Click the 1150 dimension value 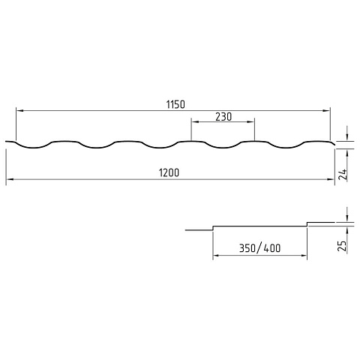175,104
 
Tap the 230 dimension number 223,117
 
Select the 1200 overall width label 169,172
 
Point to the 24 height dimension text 343,175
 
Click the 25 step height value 343,245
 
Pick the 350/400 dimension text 259,248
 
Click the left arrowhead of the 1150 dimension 19,110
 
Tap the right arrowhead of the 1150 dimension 326,110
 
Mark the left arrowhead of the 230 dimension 195,122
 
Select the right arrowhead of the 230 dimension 250,122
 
